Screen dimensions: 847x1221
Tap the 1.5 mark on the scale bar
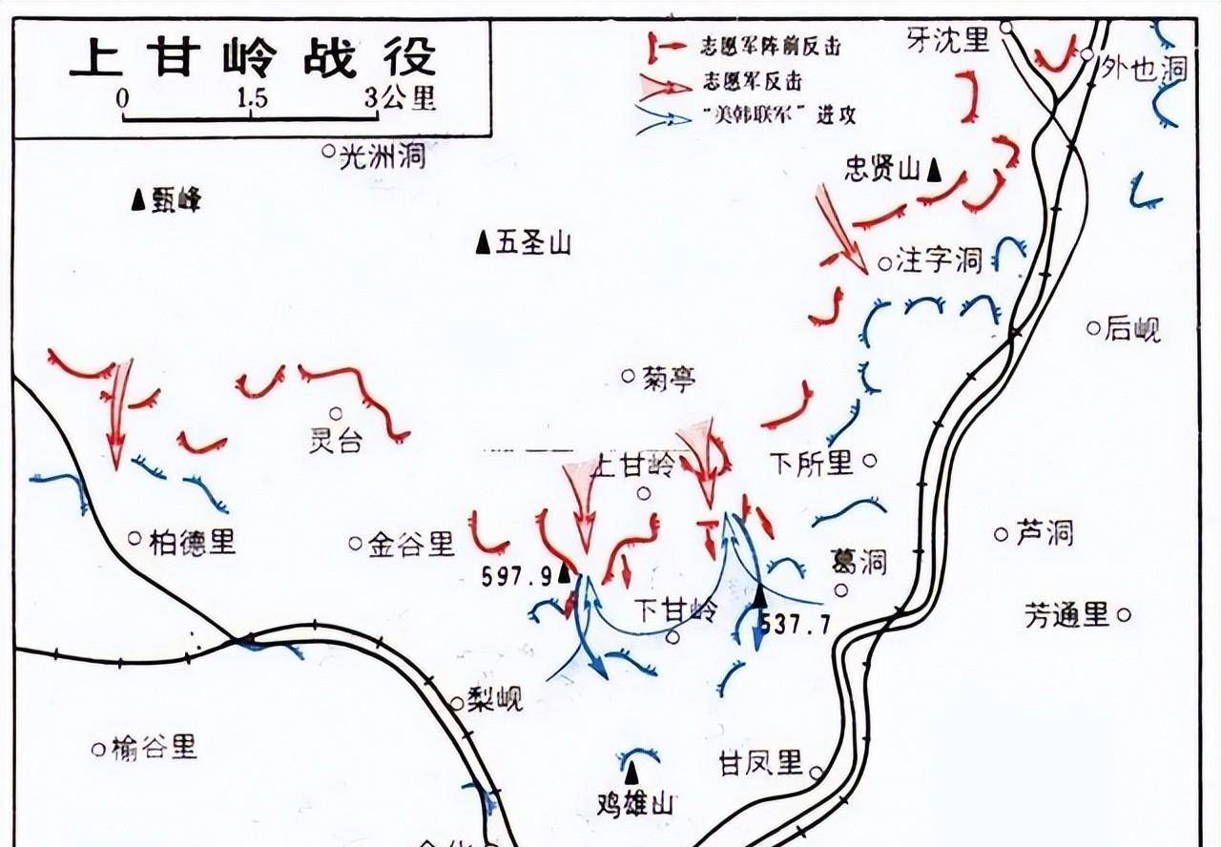[x=253, y=97]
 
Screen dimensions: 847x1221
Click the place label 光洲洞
[x=383, y=155]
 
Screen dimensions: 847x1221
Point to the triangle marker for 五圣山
[x=484, y=243]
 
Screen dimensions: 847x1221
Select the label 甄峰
[x=176, y=200]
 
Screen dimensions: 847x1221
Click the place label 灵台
[x=336, y=442]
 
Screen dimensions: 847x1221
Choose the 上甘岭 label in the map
[x=633, y=466]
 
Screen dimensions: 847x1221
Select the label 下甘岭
[x=676, y=610]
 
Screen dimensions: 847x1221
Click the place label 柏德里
[x=192, y=542]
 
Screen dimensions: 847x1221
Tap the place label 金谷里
[x=411, y=545]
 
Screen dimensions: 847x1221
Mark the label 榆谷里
[x=154, y=748]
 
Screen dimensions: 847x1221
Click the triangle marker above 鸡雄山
[x=633, y=768]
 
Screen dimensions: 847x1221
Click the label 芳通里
[x=1067, y=614]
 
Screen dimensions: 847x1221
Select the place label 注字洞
[x=939, y=259]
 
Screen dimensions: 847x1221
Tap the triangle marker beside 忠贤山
[x=935, y=170]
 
